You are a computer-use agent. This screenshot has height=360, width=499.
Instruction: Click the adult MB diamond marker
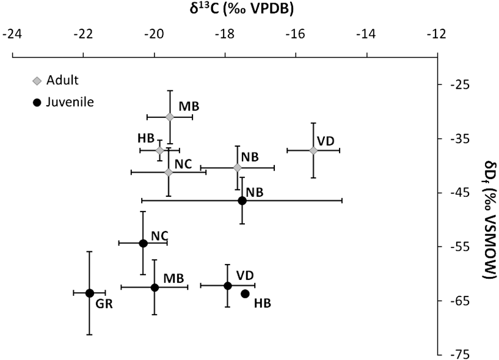[x=170, y=116]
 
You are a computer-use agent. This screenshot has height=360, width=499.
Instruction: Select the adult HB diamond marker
[x=160, y=150]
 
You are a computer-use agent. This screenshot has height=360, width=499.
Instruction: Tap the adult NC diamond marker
[x=169, y=172]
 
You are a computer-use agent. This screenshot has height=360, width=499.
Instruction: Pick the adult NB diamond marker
[x=238, y=167]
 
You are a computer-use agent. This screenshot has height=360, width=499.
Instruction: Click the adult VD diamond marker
[x=313, y=150]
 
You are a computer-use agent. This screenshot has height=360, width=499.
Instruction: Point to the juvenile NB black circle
[x=242, y=200]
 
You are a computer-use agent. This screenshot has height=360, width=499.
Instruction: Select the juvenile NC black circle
[x=143, y=243]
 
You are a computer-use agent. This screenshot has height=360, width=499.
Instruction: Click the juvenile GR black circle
[x=89, y=293]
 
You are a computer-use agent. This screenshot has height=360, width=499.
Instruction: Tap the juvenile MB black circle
[x=155, y=287]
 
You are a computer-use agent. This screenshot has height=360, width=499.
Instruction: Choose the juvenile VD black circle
[x=227, y=285]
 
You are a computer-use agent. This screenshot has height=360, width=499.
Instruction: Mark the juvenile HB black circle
[x=245, y=293]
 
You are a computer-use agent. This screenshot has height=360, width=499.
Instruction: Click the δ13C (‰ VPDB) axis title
[x=224, y=10]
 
